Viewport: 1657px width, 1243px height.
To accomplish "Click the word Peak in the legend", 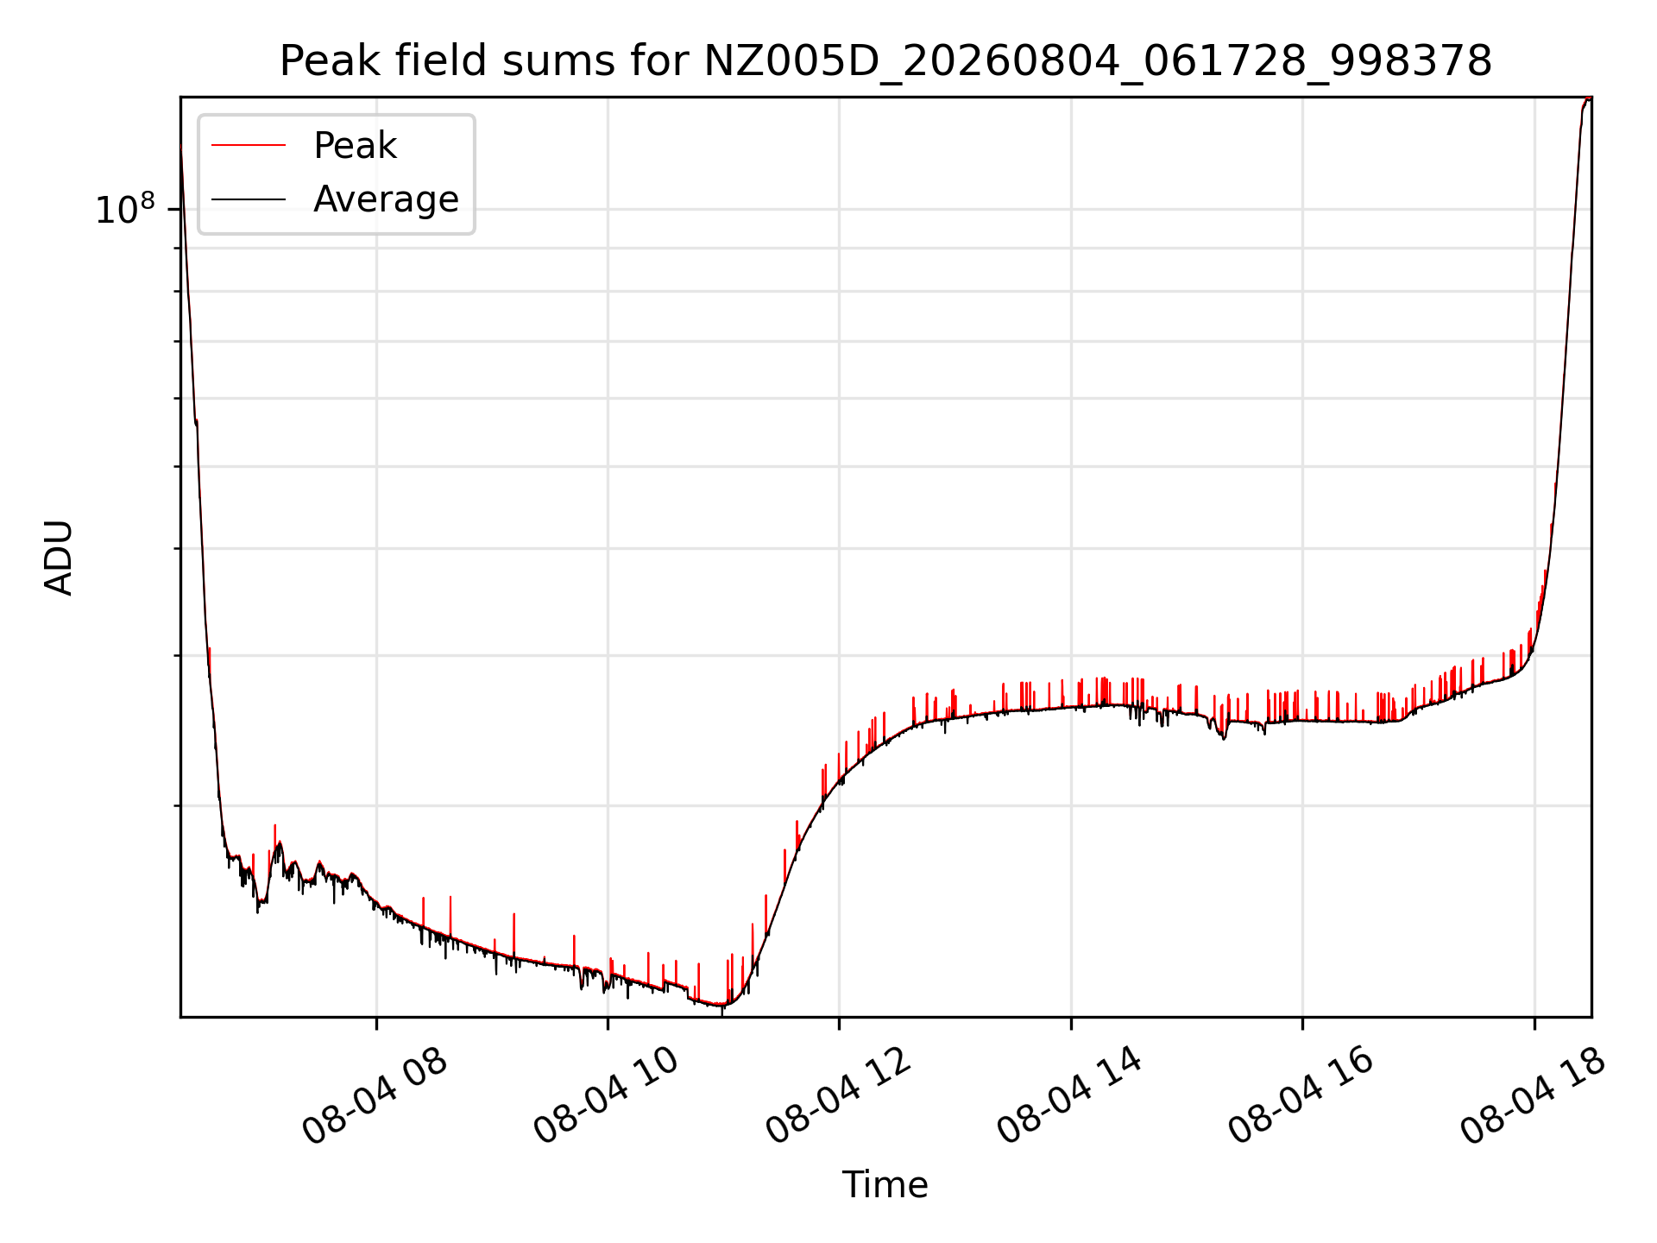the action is click(355, 146).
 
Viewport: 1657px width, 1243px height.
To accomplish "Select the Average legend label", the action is click(386, 199).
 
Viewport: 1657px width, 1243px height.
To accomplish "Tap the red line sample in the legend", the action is click(249, 145).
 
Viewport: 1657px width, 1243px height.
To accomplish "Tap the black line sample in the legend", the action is click(249, 199).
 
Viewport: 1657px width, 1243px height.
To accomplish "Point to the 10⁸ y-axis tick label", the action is click(124, 209).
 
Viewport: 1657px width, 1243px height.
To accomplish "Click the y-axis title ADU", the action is click(59, 558).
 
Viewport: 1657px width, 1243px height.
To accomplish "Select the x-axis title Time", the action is click(885, 1185).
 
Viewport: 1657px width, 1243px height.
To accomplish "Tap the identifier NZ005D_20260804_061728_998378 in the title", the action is click(1098, 62).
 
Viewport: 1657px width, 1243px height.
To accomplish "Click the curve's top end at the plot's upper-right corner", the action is click(1590, 99).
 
